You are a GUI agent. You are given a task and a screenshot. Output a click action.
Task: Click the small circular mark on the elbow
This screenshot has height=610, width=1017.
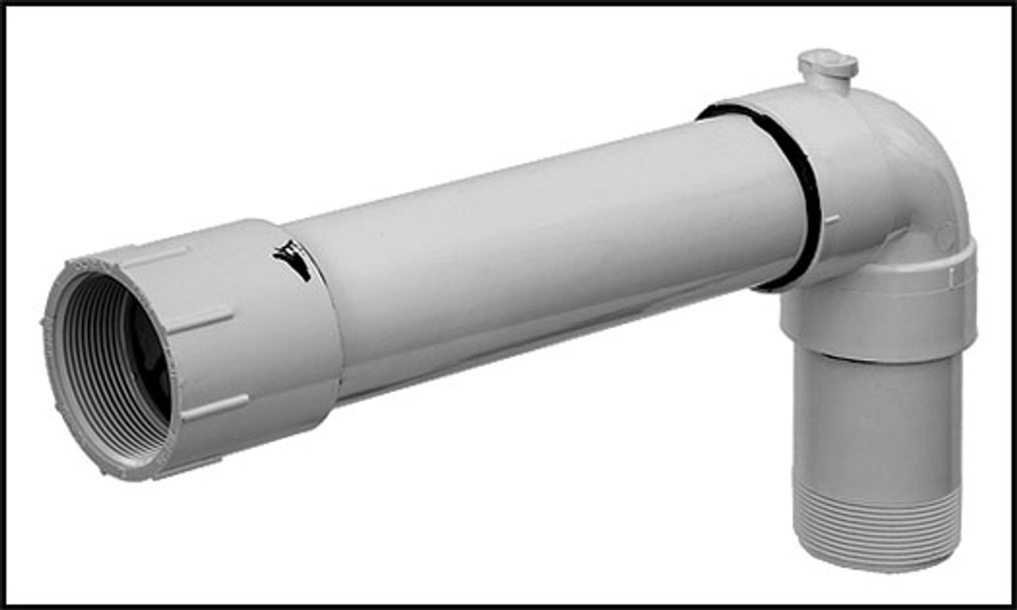pyautogui.click(x=944, y=236)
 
